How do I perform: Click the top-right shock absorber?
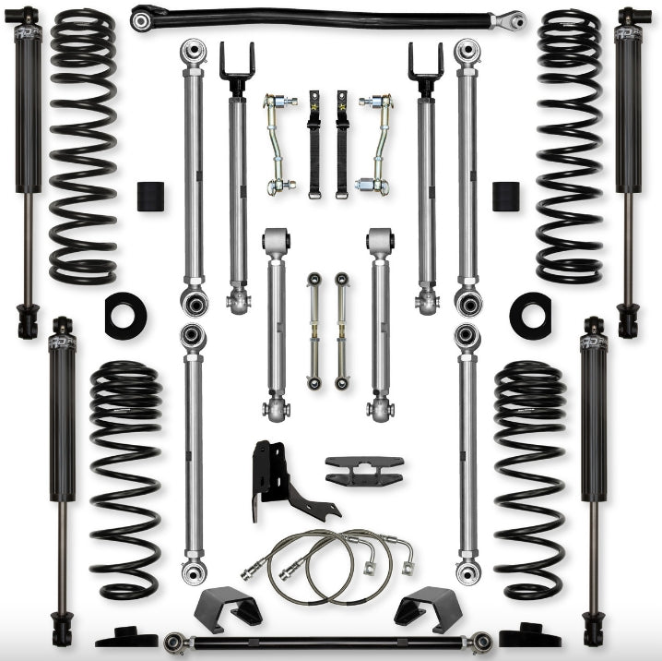tap(631, 166)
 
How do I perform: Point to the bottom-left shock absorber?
tap(63, 480)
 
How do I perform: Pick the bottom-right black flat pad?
tap(529, 636)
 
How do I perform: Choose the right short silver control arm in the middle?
tap(379, 323)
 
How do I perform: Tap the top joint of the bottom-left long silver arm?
tap(193, 337)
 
